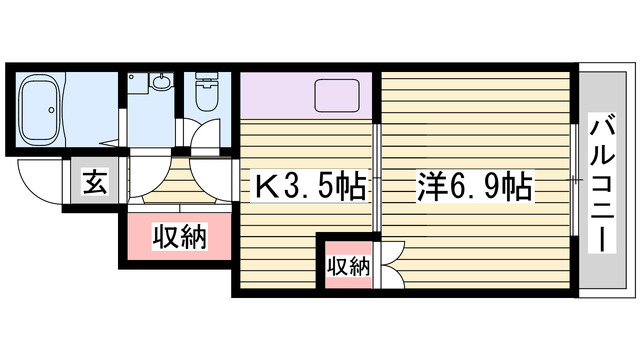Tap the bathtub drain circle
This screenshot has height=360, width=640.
click(51, 110)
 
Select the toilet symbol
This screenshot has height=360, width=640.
click(207, 91)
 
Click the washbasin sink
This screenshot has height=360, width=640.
click(162, 81)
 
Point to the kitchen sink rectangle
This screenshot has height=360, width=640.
click(337, 96)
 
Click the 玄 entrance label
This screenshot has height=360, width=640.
click(95, 182)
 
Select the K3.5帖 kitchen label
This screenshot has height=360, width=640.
click(310, 187)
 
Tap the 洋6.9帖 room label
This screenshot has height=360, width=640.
click(475, 187)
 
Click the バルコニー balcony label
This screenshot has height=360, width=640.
click(602, 183)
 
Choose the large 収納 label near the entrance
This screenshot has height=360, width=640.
click(180, 236)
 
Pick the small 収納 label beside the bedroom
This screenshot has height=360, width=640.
click(349, 267)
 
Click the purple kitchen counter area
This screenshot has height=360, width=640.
click(306, 96)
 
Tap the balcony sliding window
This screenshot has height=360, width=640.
click(574, 180)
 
